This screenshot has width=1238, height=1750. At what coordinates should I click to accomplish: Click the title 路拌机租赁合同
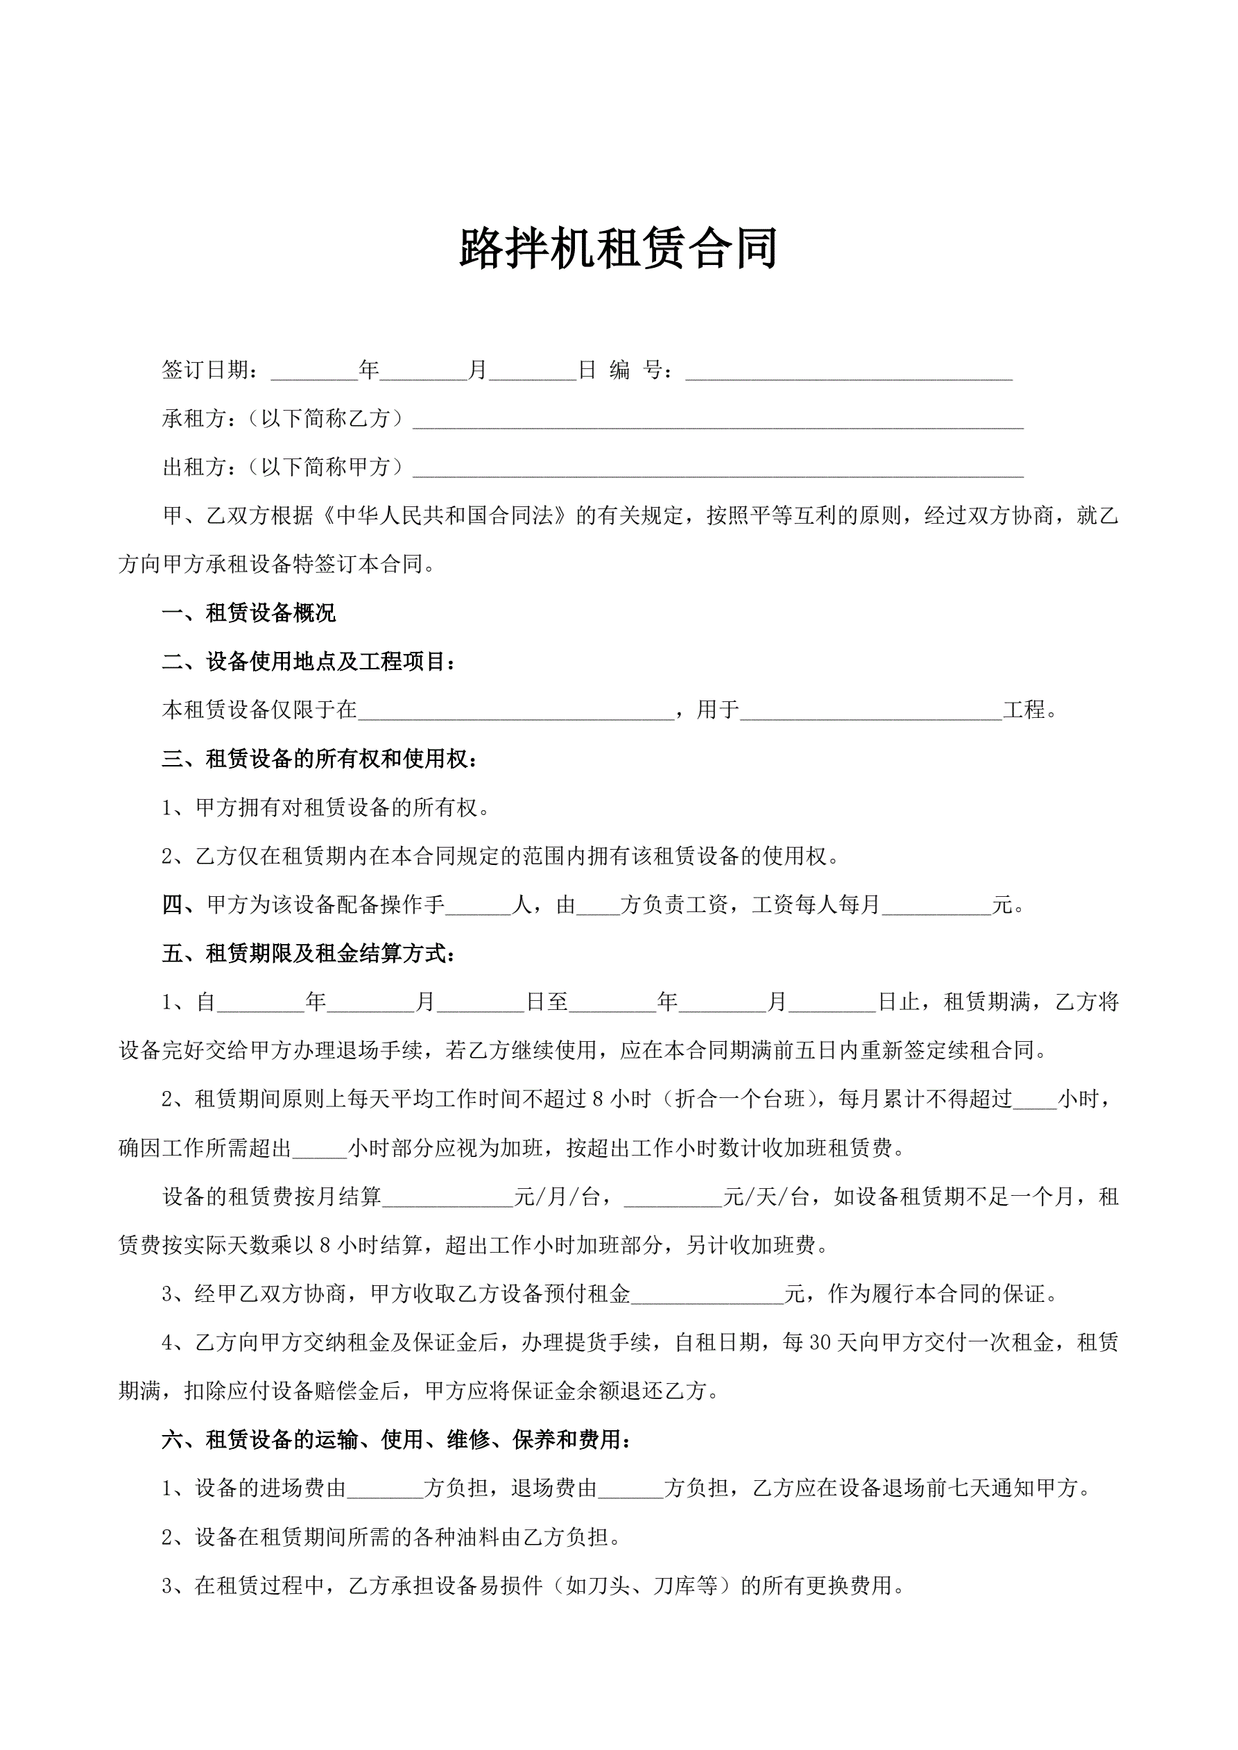tap(618, 248)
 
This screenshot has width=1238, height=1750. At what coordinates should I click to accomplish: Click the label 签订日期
tap(205, 370)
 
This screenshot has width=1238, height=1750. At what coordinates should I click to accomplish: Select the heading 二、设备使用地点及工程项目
tap(309, 662)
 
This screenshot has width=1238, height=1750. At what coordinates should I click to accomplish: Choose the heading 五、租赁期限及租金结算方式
tap(309, 954)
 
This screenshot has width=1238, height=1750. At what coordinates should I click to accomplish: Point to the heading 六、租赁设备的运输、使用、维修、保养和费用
tap(397, 1440)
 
